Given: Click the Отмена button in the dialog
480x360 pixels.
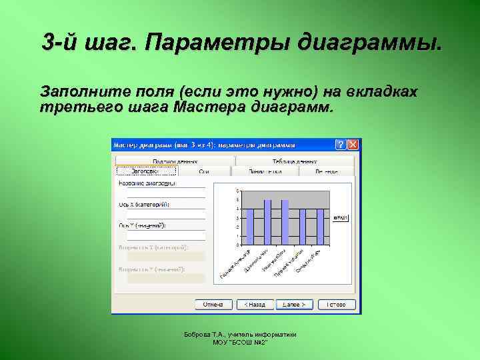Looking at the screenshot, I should click(213, 304).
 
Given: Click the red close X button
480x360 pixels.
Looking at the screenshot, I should click(353, 144).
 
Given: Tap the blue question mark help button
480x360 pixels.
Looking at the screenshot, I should click(341, 144).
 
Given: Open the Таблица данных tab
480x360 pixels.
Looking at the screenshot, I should click(294, 161).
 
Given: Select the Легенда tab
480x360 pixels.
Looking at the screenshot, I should click(327, 171).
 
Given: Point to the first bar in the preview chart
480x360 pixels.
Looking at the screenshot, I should click(251, 226).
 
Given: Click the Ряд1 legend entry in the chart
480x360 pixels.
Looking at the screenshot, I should click(341, 217).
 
